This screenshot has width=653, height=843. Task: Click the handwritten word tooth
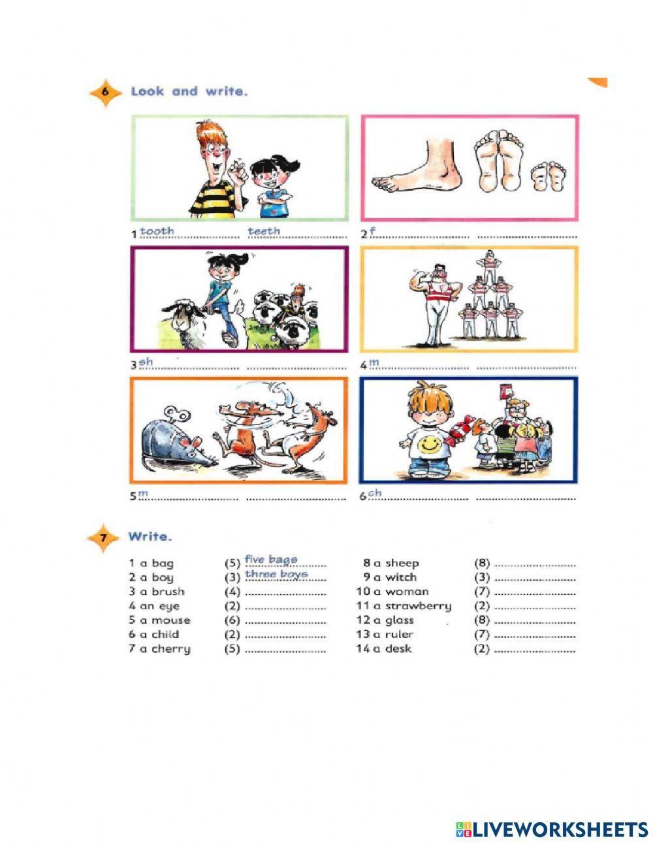(x=157, y=231)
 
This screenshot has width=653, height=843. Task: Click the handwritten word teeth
(x=263, y=231)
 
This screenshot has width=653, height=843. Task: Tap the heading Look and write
(x=189, y=91)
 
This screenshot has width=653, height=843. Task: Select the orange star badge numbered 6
(x=105, y=92)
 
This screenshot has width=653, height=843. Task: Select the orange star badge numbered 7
(x=103, y=538)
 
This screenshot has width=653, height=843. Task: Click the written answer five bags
(x=271, y=560)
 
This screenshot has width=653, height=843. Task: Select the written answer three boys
(x=276, y=575)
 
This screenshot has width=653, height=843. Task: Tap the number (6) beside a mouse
(x=232, y=620)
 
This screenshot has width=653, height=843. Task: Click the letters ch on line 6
(x=374, y=493)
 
